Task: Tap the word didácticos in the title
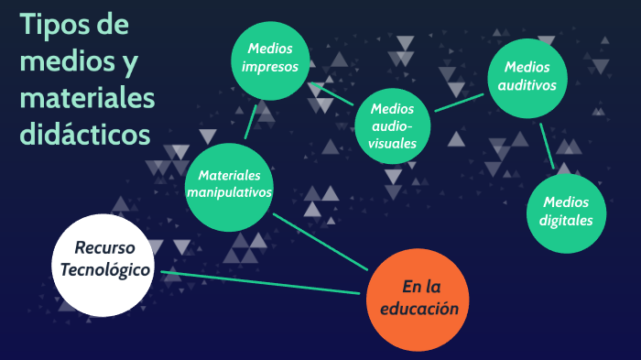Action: [84, 134]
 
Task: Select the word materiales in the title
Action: [87, 97]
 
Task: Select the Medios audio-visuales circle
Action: [394, 125]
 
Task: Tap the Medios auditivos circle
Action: [527, 76]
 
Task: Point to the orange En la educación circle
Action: [418, 298]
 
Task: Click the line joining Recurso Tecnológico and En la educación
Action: [261, 282]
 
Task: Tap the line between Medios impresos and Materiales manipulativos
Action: [250, 121]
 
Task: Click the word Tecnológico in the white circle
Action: [103, 268]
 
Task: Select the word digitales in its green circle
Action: [568, 220]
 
